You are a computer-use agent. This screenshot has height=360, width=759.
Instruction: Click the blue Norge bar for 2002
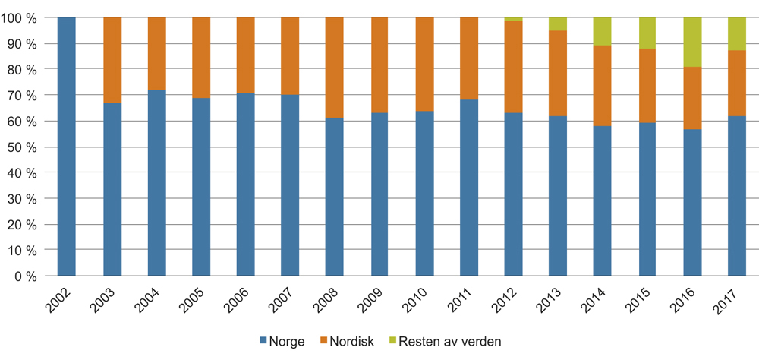pyautogui.click(x=67, y=147)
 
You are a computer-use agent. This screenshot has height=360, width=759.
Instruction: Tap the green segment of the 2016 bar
pyautogui.click(x=692, y=42)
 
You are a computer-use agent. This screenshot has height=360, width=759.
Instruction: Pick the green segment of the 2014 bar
pyautogui.click(x=603, y=31)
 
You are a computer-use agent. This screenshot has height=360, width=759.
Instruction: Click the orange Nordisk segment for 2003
pyautogui.click(x=112, y=60)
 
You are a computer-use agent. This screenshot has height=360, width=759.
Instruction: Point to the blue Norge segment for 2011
pyautogui.click(x=469, y=188)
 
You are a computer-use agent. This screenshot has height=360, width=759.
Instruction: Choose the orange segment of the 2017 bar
pyautogui.click(x=737, y=83)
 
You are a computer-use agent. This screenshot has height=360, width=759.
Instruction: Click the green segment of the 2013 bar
pyautogui.click(x=558, y=24)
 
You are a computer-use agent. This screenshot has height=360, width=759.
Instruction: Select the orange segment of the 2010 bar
pyautogui.click(x=424, y=65)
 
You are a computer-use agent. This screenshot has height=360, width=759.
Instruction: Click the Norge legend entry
pyautogui.click(x=282, y=342)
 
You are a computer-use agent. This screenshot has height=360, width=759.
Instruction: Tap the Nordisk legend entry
pyautogui.click(x=351, y=342)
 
